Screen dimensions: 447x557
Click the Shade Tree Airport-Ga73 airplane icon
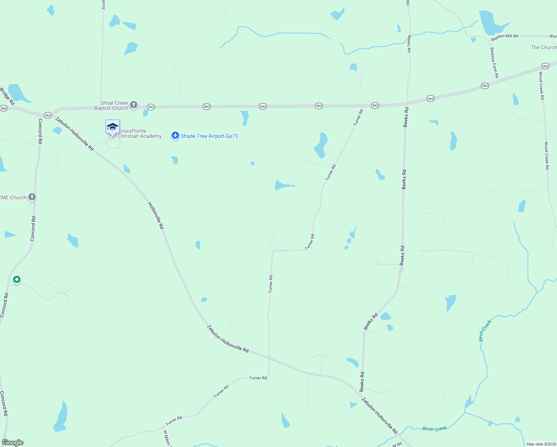tap(175, 136)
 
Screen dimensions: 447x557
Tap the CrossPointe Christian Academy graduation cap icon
tap(112, 128)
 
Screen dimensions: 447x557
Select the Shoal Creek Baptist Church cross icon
tap(134, 105)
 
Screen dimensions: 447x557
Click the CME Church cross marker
tap(32, 197)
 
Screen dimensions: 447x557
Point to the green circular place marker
tap(16, 279)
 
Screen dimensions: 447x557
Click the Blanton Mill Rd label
tap(505, 37)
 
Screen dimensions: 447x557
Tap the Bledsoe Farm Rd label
tap(494, 63)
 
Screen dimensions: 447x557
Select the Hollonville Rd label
tap(156, 215)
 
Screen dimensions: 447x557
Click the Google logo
tap(13, 442)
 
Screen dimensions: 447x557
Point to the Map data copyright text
tap(541, 444)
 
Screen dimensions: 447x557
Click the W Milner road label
tap(167, 438)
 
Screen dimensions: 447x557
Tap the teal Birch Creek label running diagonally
tap(485, 330)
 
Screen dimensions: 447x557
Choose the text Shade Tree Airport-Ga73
tap(209, 136)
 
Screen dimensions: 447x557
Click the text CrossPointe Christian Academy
tap(140, 133)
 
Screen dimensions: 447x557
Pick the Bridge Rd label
tap(7, 96)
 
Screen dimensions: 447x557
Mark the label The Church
tap(544, 47)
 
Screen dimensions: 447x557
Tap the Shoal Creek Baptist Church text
tap(111, 105)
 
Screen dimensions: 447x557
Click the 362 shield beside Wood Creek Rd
tap(545, 66)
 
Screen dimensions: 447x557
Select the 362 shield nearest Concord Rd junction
tap(48, 115)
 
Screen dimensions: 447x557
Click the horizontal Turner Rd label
tap(258, 378)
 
